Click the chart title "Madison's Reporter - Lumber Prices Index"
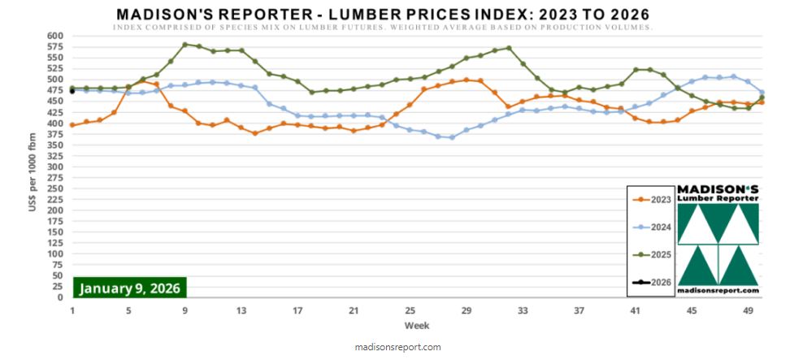pyautogui.click(x=383, y=15)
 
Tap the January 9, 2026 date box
pyautogui.click(x=130, y=288)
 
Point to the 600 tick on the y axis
pyautogui.click(x=54, y=36)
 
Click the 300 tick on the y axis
pyautogui.click(x=54, y=167)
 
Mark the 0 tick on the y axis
pyautogui.click(x=59, y=297)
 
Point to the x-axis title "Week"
pyautogui.click(x=418, y=326)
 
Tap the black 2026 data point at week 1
pyautogui.click(x=72, y=91)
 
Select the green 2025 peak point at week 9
pyautogui.click(x=185, y=44)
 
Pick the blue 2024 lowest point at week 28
pyautogui.click(x=452, y=137)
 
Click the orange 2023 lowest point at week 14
pyautogui.click(x=255, y=132)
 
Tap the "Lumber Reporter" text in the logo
pyautogui.click(x=718, y=197)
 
